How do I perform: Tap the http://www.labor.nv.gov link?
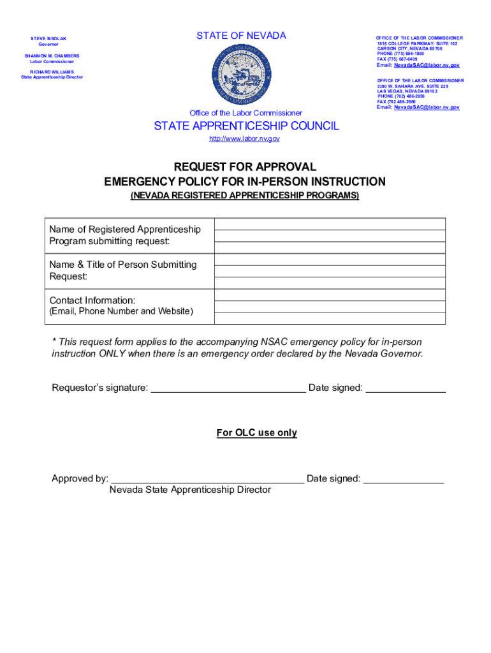coord(244,139)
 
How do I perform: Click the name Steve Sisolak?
coord(48,39)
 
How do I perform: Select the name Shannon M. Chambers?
coord(52,56)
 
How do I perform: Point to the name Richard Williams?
coord(52,72)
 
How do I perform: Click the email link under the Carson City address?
coord(427,65)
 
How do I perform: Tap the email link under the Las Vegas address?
coord(427,107)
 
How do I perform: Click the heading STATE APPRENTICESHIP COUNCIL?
coord(246,126)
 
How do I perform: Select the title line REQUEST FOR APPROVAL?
coord(245,167)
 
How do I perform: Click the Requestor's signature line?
coord(228,388)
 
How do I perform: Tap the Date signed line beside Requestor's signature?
coord(405,388)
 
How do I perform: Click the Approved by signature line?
coord(207,479)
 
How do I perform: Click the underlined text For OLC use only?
coord(256,433)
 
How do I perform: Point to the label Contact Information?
coord(92,300)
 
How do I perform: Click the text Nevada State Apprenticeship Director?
coord(190,490)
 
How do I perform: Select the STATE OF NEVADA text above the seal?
coord(241,36)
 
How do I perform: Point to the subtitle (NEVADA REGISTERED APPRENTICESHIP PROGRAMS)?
coord(245,196)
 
